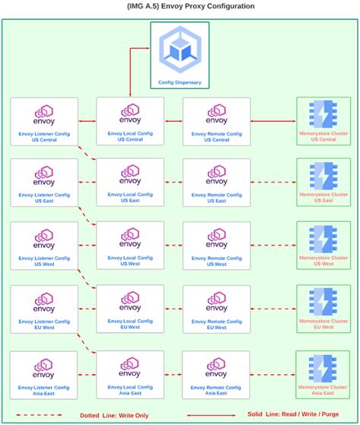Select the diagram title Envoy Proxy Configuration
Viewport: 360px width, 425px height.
(x=180, y=6)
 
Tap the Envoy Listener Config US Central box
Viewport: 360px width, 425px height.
(x=44, y=120)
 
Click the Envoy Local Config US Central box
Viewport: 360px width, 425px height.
(x=130, y=120)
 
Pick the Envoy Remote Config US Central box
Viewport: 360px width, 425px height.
(x=216, y=120)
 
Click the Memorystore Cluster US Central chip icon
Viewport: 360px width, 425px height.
(x=324, y=114)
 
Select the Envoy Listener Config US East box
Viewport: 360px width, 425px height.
(x=44, y=182)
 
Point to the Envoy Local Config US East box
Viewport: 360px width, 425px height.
(x=130, y=182)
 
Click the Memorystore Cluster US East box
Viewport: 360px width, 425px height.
(x=324, y=182)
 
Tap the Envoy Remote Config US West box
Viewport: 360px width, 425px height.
(x=216, y=246)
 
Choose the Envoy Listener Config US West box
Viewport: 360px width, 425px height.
(x=44, y=246)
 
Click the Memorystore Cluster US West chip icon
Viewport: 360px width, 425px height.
(x=324, y=239)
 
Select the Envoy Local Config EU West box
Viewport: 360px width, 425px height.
(x=130, y=309)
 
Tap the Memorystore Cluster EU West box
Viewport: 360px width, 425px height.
(x=324, y=309)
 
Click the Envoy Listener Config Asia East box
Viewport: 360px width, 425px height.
(x=44, y=374)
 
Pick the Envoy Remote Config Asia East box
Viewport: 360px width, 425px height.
(x=216, y=374)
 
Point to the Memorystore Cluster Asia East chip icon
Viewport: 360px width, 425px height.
(x=324, y=368)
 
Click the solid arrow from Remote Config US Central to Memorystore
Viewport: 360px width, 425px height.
(x=273, y=120)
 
